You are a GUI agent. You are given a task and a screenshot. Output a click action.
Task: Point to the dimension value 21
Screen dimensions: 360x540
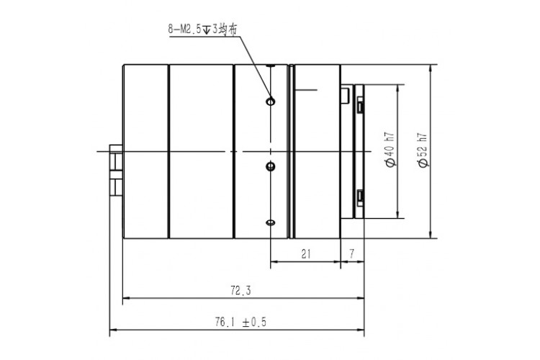pyautogui.click(x=305, y=253)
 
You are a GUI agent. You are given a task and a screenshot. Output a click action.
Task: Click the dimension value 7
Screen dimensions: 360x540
pyautogui.click(x=351, y=253)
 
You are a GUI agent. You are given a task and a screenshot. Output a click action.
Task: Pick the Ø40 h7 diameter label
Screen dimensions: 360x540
pyautogui.click(x=390, y=149)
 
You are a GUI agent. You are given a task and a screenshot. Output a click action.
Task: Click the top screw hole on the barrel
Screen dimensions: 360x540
pyautogui.click(x=270, y=102)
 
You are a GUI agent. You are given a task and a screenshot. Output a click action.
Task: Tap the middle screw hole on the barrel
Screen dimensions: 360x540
pyautogui.click(x=271, y=167)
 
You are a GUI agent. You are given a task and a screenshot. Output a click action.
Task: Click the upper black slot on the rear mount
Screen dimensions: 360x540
pyautogui.click(x=359, y=105)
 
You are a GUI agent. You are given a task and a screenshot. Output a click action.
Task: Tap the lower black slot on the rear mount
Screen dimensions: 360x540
pyautogui.click(x=359, y=196)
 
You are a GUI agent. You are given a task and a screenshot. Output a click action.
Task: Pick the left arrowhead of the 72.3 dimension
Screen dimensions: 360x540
pyautogui.click(x=127, y=297)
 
